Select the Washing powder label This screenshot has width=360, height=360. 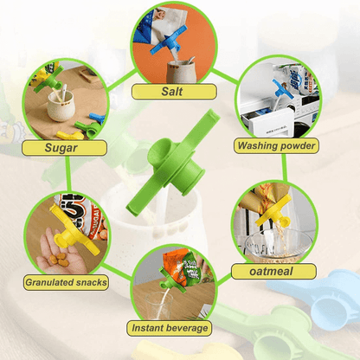[276, 145]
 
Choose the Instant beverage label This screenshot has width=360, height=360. [170, 328]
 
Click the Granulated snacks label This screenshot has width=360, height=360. [66, 282]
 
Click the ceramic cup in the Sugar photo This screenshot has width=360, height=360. [61, 106]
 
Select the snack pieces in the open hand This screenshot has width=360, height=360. [58, 259]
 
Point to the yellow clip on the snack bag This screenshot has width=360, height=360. [73, 232]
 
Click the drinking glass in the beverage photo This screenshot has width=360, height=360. [157, 305]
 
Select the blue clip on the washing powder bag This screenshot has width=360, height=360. [283, 90]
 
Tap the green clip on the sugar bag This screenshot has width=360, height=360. [48, 80]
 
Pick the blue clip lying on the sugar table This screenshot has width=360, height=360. [98, 118]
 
